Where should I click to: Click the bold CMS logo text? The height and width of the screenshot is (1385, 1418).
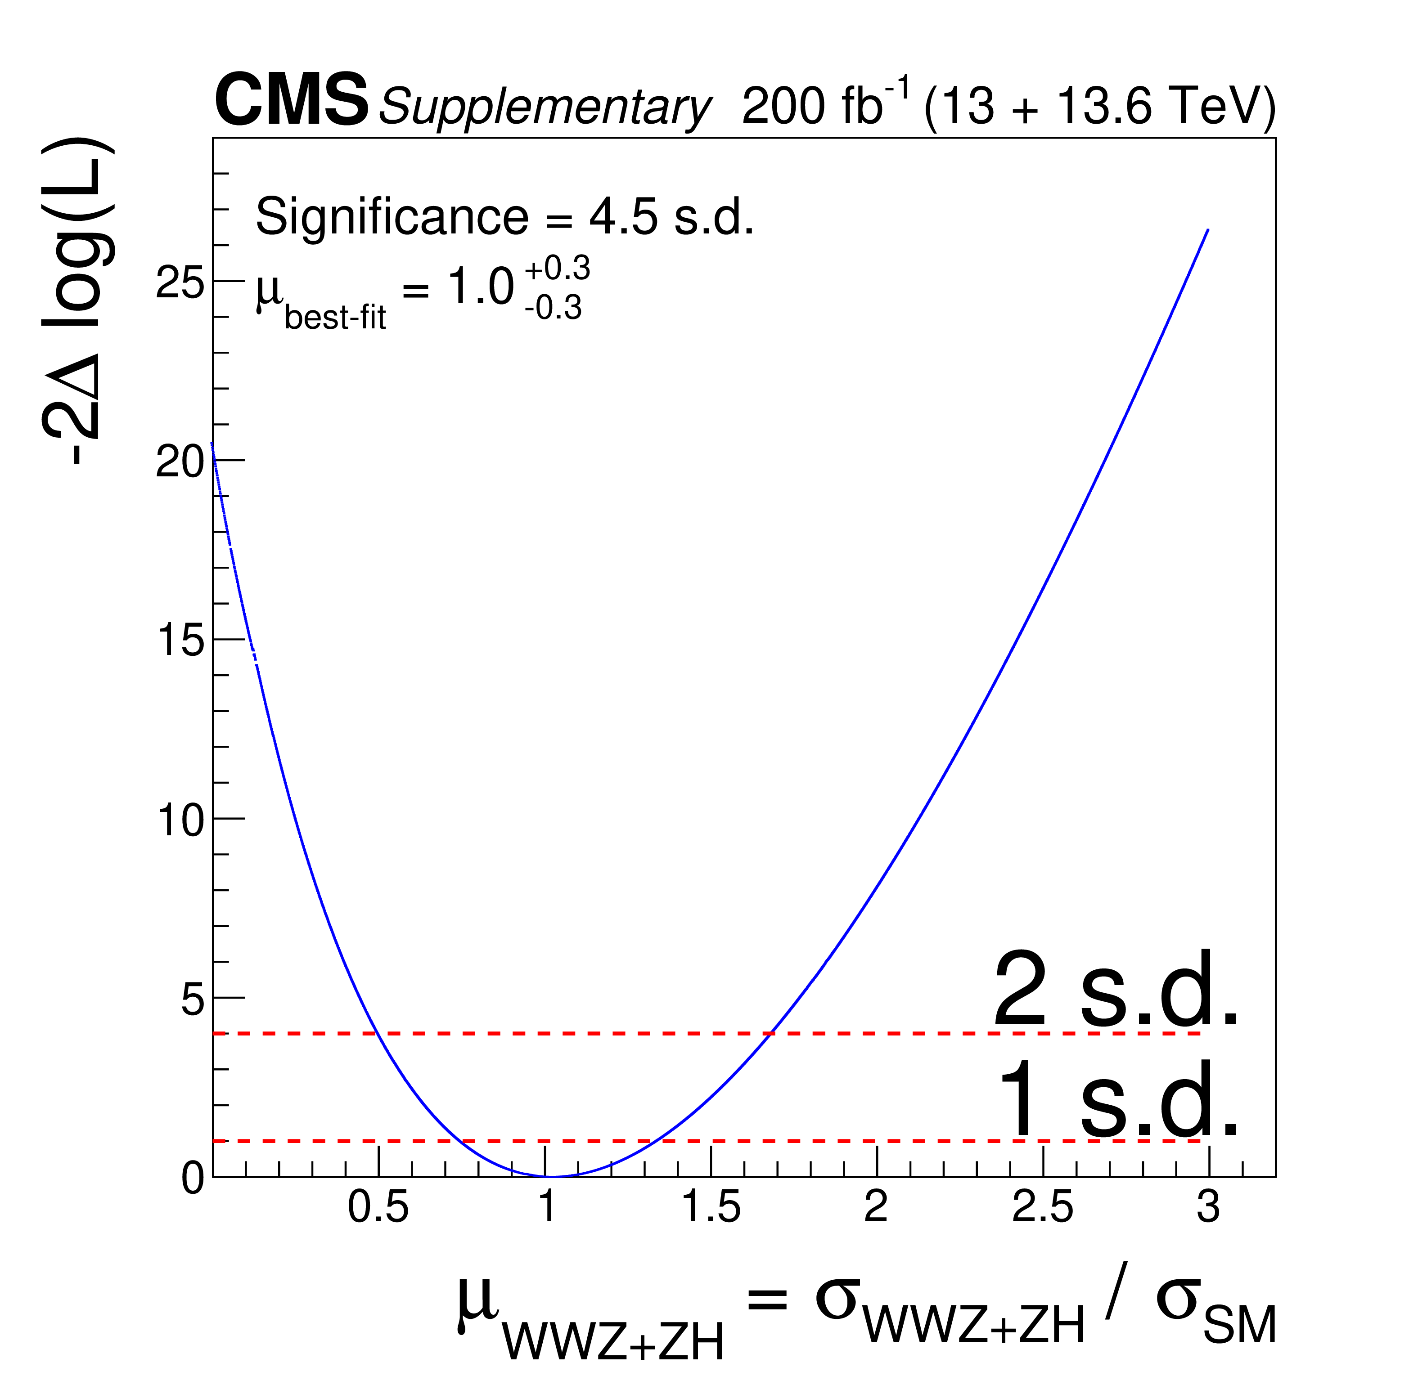[x=291, y=102]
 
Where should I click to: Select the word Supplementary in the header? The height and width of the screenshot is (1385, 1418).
[x=544, y=108]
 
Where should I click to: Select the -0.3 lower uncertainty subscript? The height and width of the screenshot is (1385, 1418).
[x=553, y=309]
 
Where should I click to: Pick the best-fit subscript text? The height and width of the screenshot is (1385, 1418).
[x=335, y=318]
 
